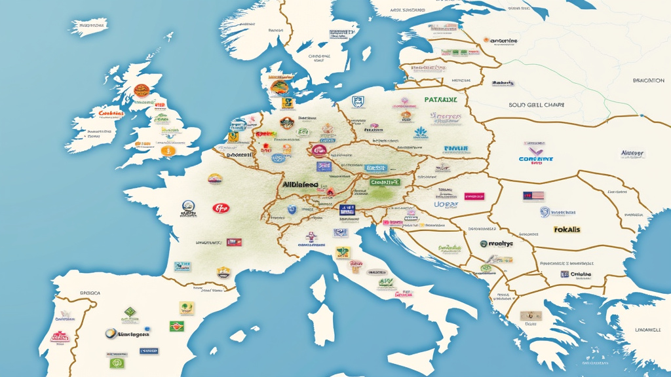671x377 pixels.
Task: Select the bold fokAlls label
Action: [568, 230]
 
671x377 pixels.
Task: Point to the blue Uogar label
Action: [446, 204]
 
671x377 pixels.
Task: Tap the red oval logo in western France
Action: [221, 208]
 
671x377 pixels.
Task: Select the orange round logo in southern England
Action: [168, 151]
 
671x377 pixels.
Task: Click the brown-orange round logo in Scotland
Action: [141, 91]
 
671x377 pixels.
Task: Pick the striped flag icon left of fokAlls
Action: [533, 196]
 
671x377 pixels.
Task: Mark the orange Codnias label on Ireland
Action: [111, 113]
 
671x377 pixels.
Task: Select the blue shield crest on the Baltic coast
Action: [357, 101]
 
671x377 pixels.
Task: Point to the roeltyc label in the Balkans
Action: [499, 243]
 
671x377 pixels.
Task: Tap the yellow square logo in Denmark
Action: [286, 103]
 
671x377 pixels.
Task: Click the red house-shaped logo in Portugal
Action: [60, 338]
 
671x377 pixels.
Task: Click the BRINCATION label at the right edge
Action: [649, 81]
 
